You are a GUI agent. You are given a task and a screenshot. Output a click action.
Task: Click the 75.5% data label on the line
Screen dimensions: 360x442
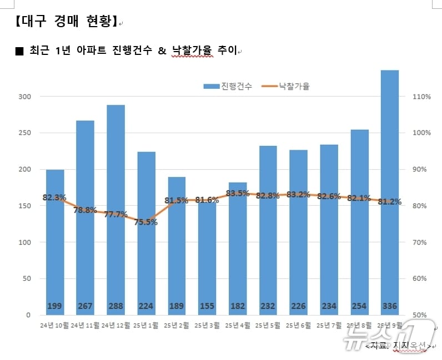(146, 222)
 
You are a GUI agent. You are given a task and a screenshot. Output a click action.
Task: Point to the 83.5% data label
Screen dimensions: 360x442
(238, 193)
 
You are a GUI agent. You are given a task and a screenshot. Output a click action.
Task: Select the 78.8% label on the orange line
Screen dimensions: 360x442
(85, 210)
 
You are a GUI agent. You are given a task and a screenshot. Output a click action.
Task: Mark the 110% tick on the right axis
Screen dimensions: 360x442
(421, 97)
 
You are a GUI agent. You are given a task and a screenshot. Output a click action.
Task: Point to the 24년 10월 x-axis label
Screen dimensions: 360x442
(54, 325)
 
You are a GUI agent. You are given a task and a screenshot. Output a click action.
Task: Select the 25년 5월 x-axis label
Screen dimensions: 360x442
(268, 325)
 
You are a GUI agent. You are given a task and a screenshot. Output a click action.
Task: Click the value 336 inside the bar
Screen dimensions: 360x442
(390, 306)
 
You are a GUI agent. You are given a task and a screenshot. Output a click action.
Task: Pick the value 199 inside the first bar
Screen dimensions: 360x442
(54, 306)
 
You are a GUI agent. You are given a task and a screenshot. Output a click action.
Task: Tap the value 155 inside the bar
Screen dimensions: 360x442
(207, 306)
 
